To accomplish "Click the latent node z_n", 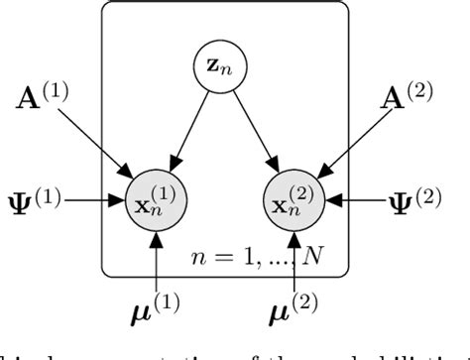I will pyautogui.click(x=218, y=68).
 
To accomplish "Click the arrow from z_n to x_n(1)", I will pyautogui.click(x=190, y=127).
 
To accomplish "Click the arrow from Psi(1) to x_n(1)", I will pyautogui.click(x=99, y=200).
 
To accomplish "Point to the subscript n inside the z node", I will pyautogui.click(x=225, y=72).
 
